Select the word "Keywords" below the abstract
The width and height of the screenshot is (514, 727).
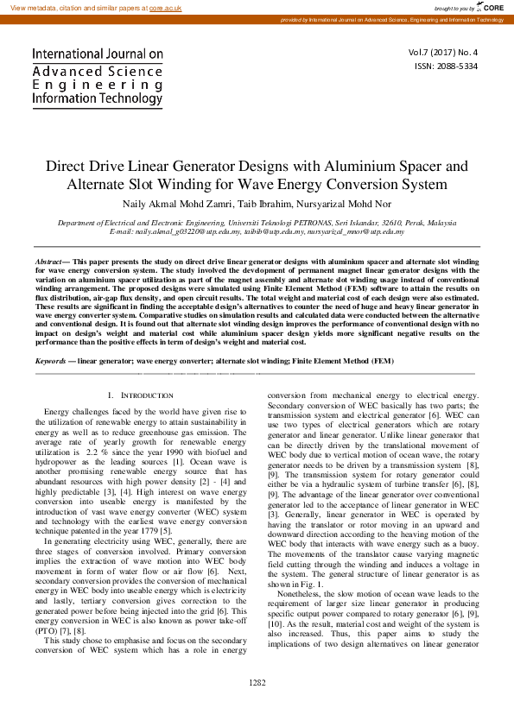tap(51, 360)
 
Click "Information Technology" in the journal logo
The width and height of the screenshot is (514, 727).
tap(96, 99)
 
